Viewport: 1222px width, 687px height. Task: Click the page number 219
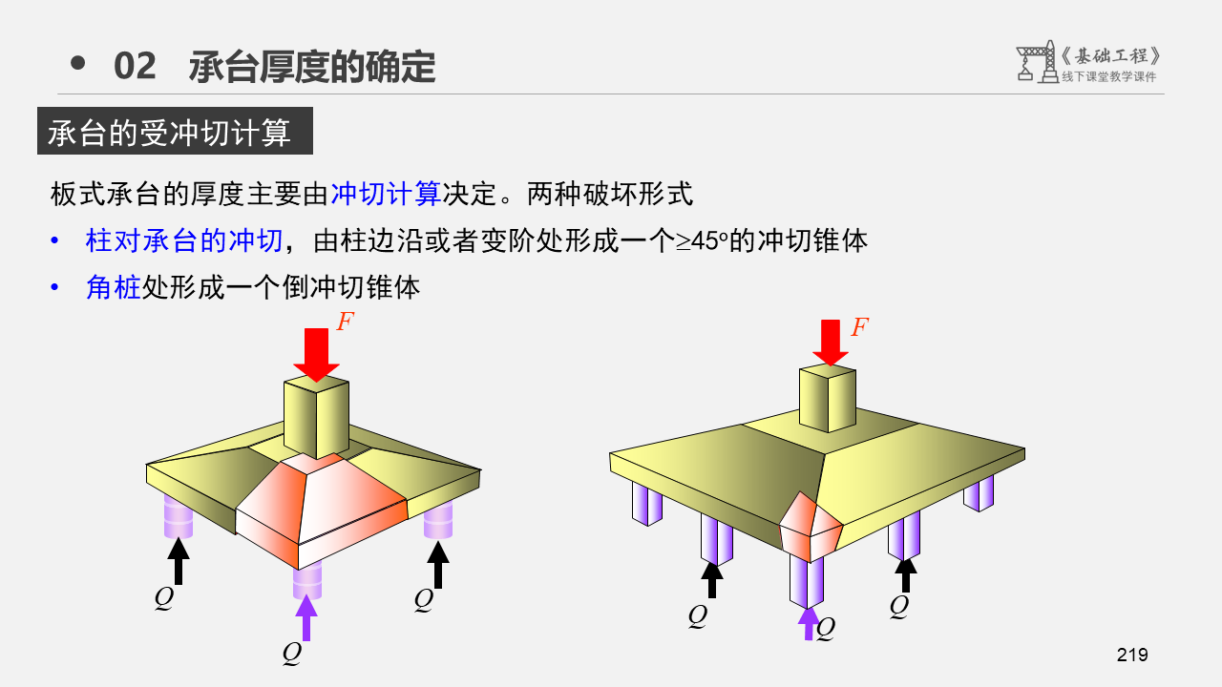point(1131,655)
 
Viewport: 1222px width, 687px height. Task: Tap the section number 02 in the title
point(135,67)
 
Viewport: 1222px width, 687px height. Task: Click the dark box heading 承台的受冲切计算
point(175,133)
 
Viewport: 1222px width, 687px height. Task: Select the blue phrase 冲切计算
point(385,195)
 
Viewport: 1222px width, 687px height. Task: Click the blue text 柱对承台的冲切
point(183,240)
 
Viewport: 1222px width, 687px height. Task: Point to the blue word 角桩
point(114,286)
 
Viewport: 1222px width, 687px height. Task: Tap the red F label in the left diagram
point(345,322)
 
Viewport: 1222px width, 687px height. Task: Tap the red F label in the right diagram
point(859,327)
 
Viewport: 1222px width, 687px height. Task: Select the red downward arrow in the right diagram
point(832,342)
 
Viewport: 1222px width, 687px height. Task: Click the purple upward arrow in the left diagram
point(305,616)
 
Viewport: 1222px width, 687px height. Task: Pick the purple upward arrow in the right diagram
point(809,622)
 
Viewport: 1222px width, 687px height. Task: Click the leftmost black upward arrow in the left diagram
point(178,561)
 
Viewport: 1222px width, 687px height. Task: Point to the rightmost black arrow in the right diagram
point(906,573)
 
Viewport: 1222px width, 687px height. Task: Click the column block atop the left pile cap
point(316,416)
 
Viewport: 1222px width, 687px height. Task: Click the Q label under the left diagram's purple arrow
point(292,654)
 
